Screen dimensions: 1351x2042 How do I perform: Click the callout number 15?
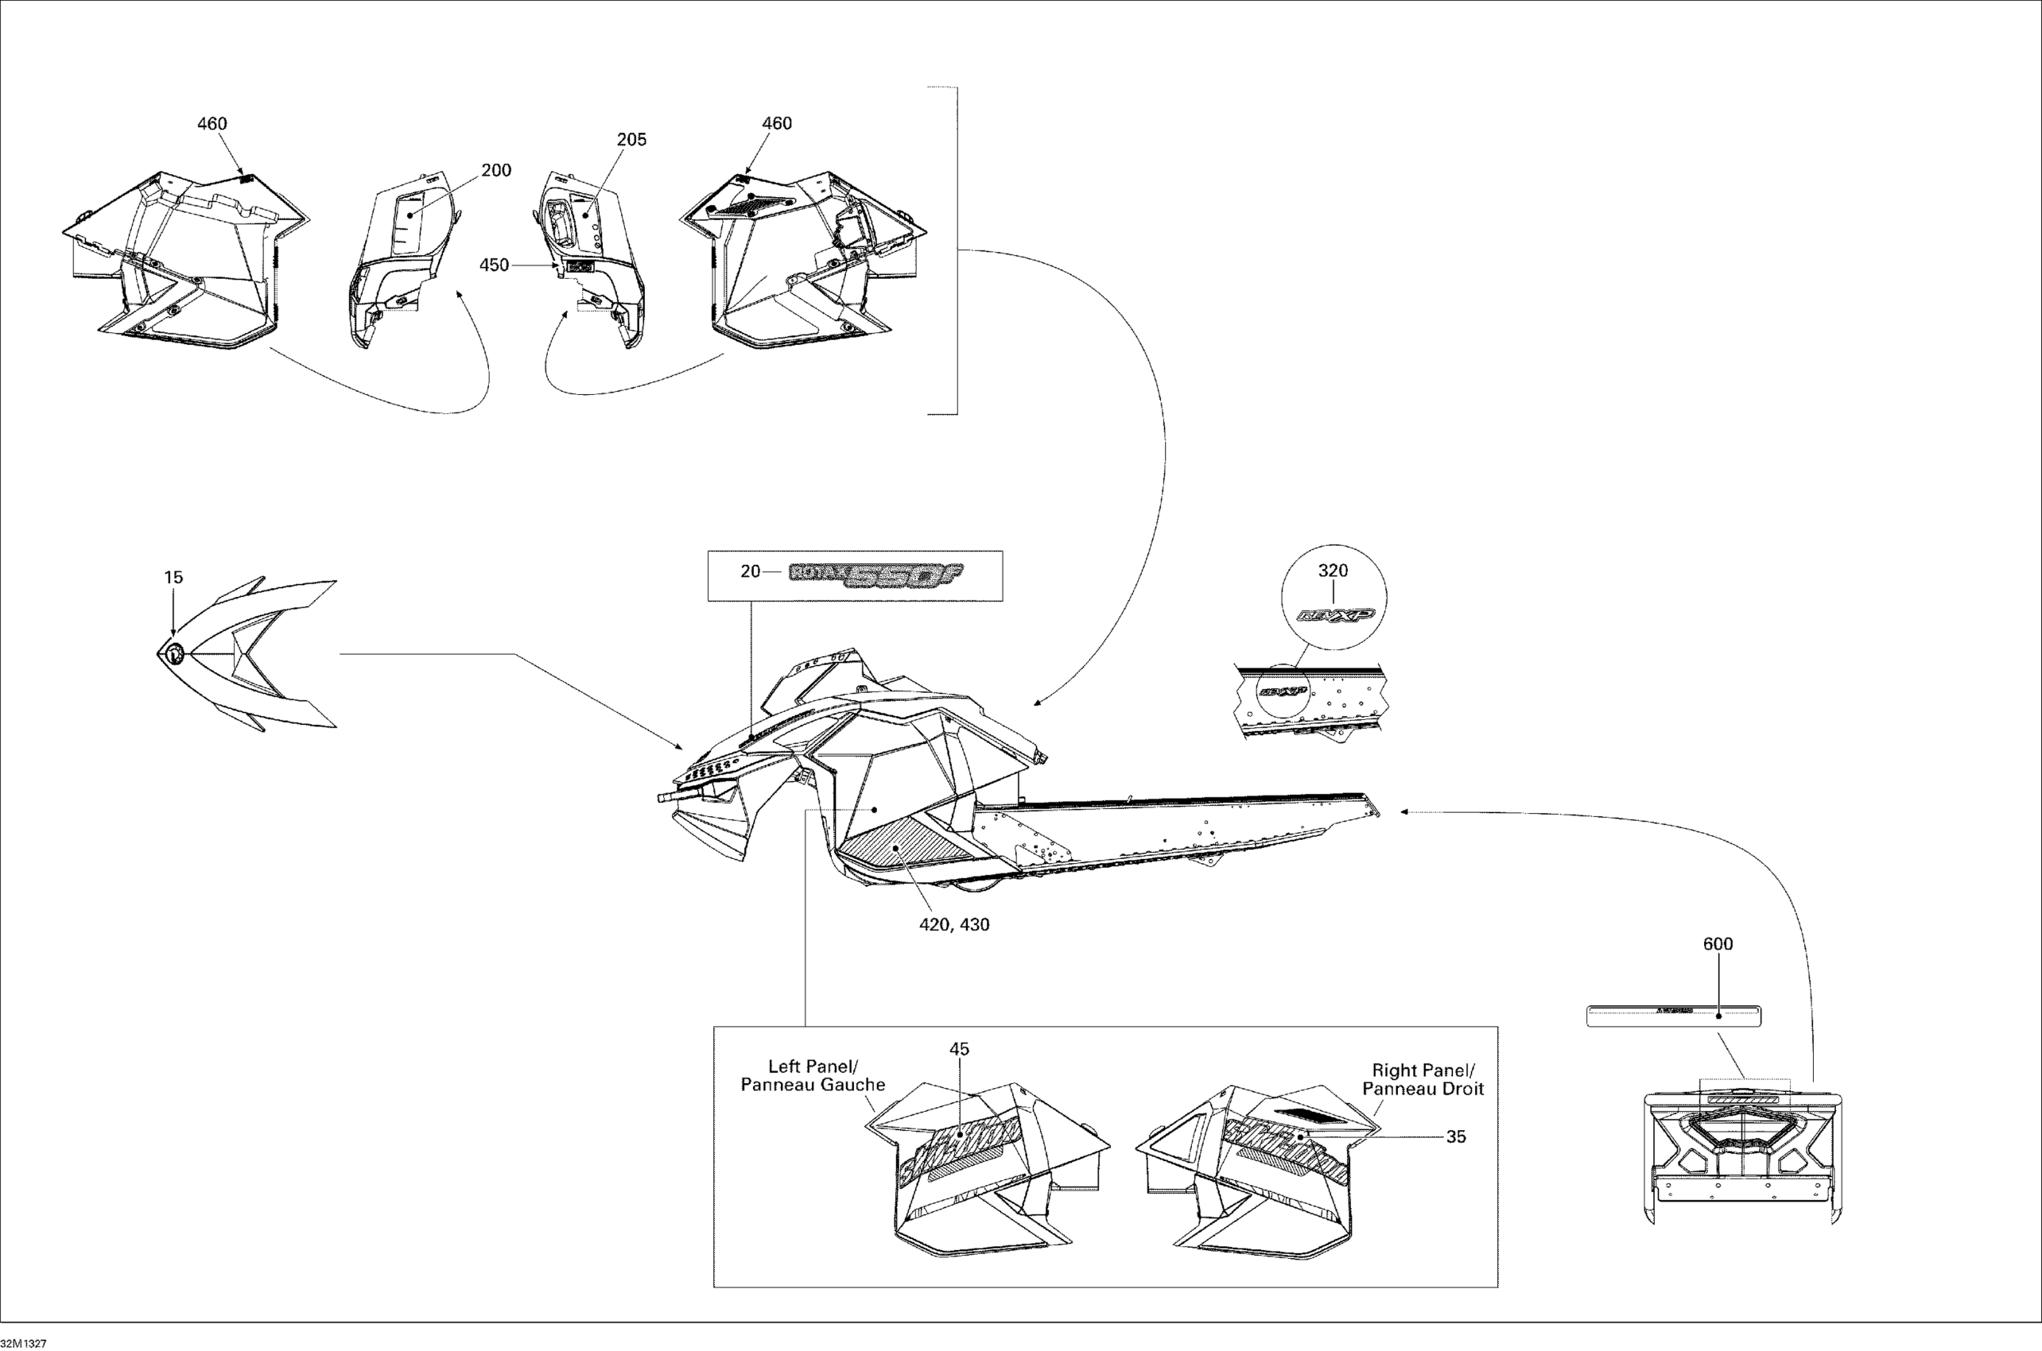coord(173,577)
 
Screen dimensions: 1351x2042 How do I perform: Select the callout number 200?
coord(495,171)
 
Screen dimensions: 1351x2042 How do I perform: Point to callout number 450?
coord(494,265)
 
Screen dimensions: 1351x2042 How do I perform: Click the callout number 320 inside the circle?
coord(1333,571)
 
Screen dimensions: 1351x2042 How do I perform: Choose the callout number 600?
coord(1718,944)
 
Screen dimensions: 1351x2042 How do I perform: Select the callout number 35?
coord(1456,1137)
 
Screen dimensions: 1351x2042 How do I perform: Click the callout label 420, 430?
coord(954,924)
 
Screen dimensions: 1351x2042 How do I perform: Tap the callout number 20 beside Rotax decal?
coord(750,571)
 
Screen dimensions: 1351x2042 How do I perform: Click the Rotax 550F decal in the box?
coord(875,575)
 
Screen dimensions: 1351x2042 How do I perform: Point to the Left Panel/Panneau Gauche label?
coord(813,1075)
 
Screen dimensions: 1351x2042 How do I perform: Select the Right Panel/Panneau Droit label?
coord(1423,1079)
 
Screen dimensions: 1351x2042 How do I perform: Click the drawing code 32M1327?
coord(24,1343)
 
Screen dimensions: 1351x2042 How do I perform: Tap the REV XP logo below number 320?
coord(1335,614)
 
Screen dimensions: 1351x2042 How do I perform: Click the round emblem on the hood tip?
coord(173,653)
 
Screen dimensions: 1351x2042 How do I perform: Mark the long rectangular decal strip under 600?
coord(1673,1016)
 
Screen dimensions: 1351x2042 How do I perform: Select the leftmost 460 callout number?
coord(212,124)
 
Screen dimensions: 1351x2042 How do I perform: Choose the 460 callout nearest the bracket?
coord(777,124)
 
